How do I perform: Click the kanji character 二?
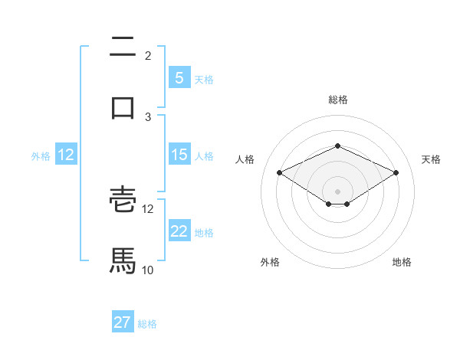coord(123,47)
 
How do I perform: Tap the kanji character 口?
coord(123,107)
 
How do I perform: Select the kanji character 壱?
coord(123,201)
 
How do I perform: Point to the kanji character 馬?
coord(123,260)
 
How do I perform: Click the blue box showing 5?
coord(179,77)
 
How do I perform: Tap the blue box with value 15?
coord(179,155)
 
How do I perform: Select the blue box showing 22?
coord(179,231)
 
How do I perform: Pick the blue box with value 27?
coord(123,322)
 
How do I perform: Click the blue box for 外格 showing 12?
coord(66,155)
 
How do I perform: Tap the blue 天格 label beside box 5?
coord(204,79)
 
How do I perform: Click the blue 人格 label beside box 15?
coord(204,155)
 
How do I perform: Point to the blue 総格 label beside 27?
coord(147,324)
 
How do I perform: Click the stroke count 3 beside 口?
coord(148,116)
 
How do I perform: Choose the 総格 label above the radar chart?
coord(337,100)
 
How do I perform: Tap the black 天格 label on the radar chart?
coord(431,159)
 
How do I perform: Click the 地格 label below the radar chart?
coord(402,262)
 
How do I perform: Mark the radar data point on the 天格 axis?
coord(396,172)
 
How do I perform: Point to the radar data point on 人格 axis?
coord(279,172)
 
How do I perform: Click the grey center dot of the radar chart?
coord(337,191)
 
